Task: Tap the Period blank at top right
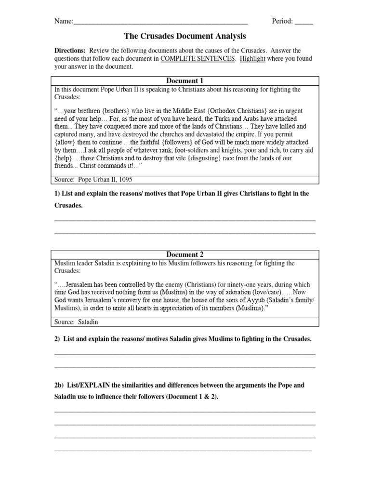[x=304, y=22]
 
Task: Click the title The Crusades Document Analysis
[x=185, y=36]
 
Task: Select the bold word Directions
[x=70, y=51]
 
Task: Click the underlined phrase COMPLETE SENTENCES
[x=198, y=59]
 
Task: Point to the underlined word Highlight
[x=252, y=59]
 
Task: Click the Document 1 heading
[x=185, y=81]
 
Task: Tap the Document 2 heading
[x=185, y=255]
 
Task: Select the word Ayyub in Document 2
[x=250, y=300]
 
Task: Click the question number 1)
[x=57, y=194]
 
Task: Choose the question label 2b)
[x=59, y=386]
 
